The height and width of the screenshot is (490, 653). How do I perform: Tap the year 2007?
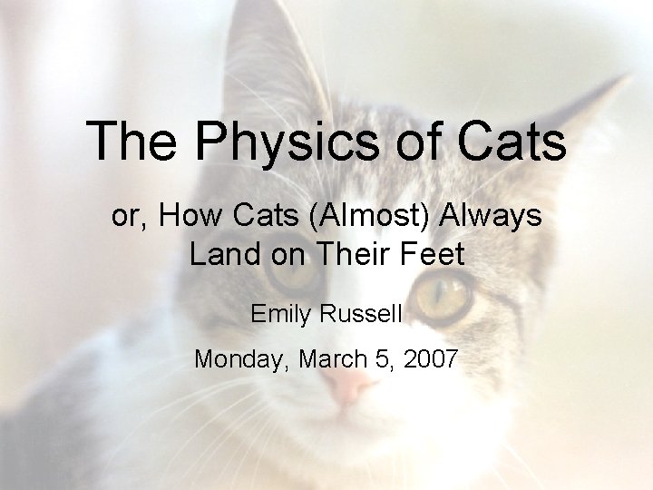(431, 359)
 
